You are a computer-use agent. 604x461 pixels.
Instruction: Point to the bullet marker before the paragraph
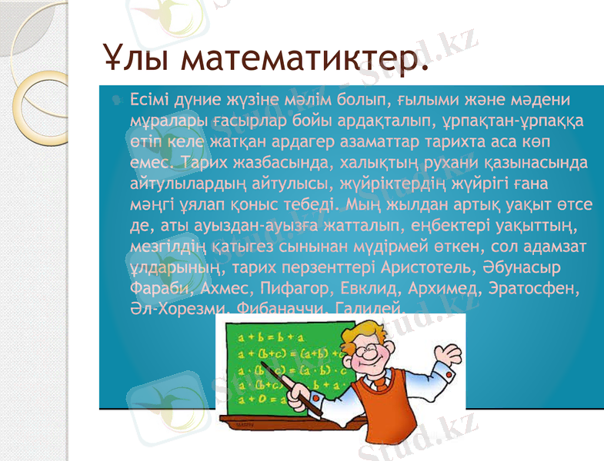click(x=115, y=100)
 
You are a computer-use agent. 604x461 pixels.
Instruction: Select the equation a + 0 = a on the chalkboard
click(x=262, y=400)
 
